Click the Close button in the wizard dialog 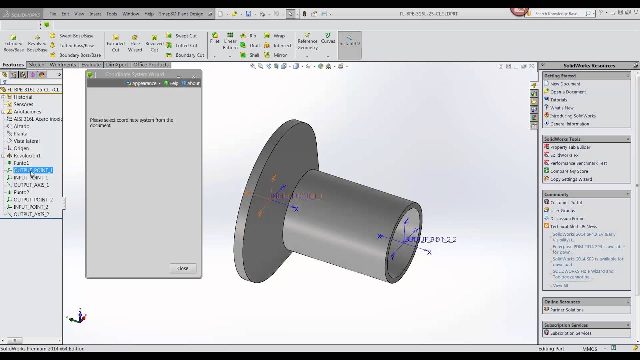coord(182,268)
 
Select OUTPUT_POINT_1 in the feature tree coord(33,170)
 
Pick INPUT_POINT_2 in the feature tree coord(31,207)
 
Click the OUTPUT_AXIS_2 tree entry coord(31,214)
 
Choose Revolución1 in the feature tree coord(27,156)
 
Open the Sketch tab coord(36,65)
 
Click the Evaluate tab coord(91,65)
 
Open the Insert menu coord(95,14)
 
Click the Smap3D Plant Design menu coord(181,14)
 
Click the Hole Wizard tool coord(135,43)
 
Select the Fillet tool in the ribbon coord(215,38)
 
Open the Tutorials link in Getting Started coord(558,100)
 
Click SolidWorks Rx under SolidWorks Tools coord(564,155)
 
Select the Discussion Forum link coord(567,218)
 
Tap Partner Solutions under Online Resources coord(566,310)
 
